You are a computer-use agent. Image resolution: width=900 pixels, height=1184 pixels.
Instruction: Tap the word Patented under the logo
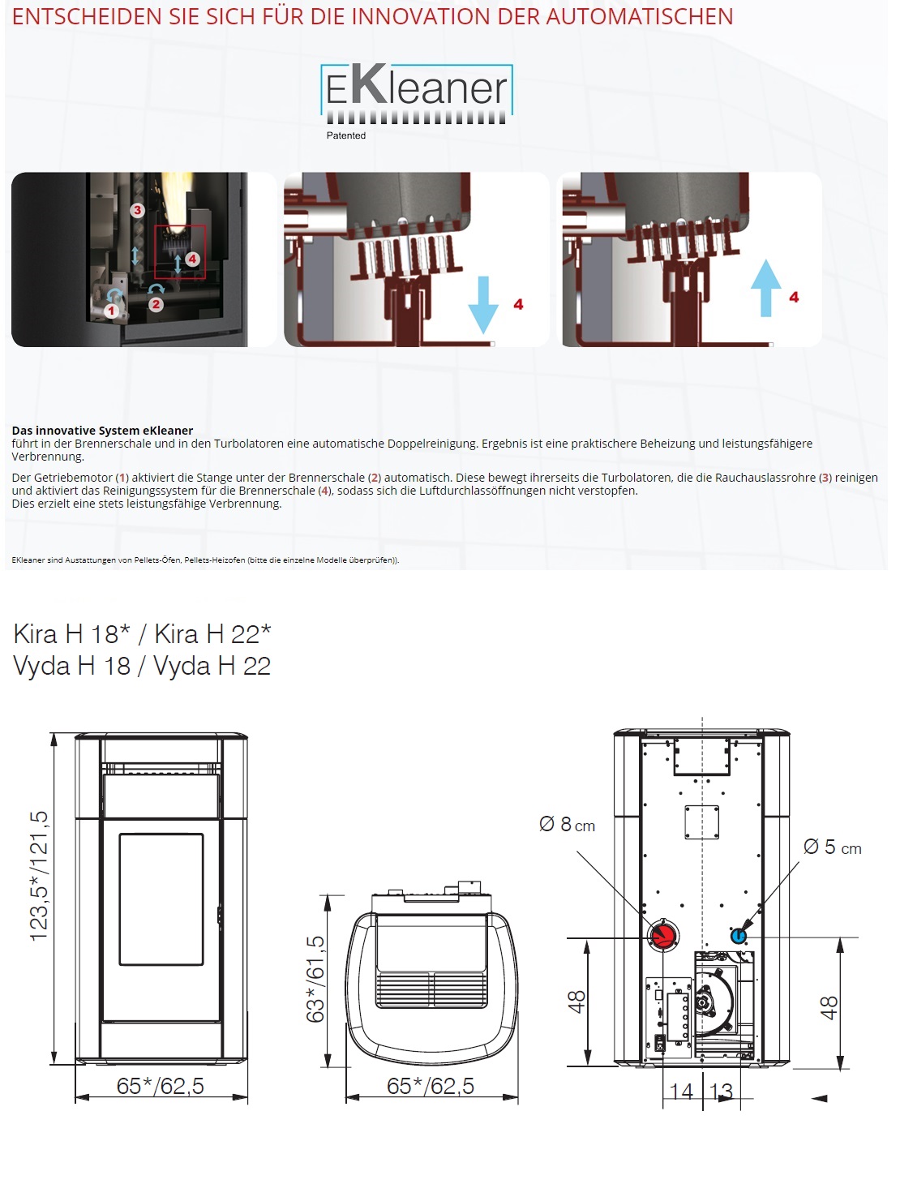coord(345,135)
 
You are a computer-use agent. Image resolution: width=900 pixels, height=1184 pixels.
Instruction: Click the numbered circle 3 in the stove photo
coord(138,210)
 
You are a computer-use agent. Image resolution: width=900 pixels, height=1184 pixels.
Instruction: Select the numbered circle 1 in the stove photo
coord(112,310)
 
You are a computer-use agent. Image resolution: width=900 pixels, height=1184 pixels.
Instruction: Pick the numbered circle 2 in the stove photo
coord(156,304)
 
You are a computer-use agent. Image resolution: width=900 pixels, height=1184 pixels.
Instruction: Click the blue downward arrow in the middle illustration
coord(482,305)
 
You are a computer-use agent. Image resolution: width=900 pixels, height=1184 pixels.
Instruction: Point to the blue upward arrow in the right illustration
coord(765,288)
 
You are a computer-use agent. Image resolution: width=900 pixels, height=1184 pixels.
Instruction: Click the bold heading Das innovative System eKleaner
coord(102,431)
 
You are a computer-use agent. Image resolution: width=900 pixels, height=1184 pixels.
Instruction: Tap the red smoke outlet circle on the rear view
coord(662,936)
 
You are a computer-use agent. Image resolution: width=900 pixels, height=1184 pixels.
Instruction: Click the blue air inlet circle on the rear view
coord(738,936)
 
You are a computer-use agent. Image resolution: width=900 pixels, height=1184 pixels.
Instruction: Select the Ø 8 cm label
coord(567,824)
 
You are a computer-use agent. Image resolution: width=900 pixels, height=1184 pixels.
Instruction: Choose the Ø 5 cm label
coord(832,847)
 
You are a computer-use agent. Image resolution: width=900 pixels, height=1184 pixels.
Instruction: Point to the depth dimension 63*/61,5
coord(315,979)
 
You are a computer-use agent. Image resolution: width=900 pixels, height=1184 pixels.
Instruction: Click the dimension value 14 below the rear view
coord(681,1092)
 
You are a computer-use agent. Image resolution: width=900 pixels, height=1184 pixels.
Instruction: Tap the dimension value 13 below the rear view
coord(721,1092)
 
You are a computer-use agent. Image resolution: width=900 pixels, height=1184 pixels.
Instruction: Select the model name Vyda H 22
coord(212,666)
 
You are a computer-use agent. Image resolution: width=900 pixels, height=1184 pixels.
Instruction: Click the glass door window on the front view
coord(161,899)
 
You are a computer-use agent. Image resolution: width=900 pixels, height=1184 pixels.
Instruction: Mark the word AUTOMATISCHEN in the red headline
coord(640,17)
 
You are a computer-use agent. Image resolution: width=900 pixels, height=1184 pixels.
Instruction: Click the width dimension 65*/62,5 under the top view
coord(431,1086)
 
